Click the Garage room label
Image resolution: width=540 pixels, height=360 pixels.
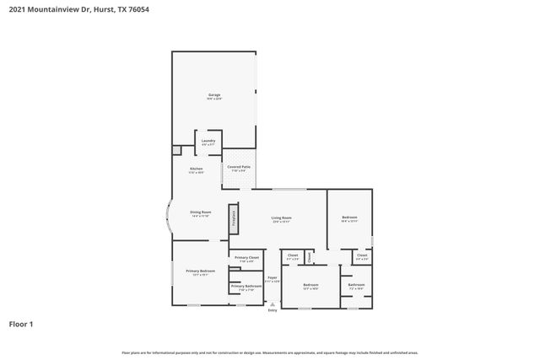214,95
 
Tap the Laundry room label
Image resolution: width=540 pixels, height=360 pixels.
208,141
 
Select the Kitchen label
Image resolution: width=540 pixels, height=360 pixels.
196,169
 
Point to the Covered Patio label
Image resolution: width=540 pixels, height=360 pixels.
239,167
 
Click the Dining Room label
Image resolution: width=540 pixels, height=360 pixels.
201,212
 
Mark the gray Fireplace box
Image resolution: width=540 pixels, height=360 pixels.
233,220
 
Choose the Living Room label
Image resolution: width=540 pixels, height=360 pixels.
281,218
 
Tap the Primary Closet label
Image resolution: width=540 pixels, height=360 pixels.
246,257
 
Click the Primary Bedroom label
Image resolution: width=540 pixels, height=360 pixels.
200,271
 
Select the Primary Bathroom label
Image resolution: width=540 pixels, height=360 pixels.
247,287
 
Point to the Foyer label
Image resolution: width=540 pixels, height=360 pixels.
273,277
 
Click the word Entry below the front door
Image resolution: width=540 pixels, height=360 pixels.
273,310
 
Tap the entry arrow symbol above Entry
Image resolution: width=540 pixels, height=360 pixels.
273,304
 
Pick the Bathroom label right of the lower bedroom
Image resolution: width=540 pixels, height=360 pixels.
356,285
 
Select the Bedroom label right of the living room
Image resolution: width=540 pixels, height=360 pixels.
350,218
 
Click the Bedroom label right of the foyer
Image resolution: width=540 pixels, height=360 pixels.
310,285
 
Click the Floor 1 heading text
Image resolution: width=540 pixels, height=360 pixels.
21,324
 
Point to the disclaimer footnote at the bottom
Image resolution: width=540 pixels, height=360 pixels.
269,352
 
